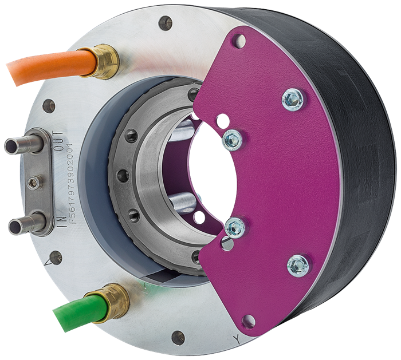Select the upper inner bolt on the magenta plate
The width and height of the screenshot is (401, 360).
(x=232, y=138)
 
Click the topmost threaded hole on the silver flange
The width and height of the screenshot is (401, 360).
(x=165, y=23)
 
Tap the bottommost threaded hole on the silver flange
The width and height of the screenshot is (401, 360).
(x=178, y=338)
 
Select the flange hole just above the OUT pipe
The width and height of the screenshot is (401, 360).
(x=49, y=106)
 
